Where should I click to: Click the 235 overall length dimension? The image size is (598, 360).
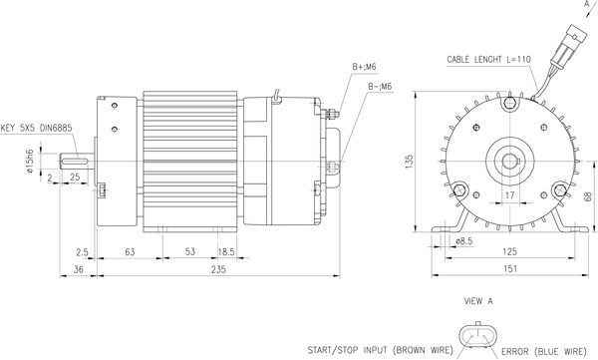[218, 269]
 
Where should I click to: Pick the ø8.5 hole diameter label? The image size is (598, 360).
[462, 240]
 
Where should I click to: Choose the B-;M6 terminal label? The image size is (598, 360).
[379, 86]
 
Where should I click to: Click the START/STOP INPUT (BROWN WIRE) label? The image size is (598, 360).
[378, 349]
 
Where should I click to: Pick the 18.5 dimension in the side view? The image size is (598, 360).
[226, 253]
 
